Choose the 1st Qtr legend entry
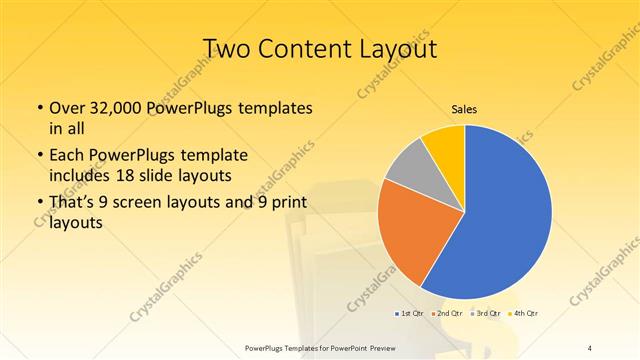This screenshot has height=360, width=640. [x=409, y=314]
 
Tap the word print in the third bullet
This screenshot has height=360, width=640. [x=285, y=206]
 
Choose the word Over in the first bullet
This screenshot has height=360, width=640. [x=67, y=109]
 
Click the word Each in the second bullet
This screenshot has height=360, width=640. [x=67, y=156]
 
